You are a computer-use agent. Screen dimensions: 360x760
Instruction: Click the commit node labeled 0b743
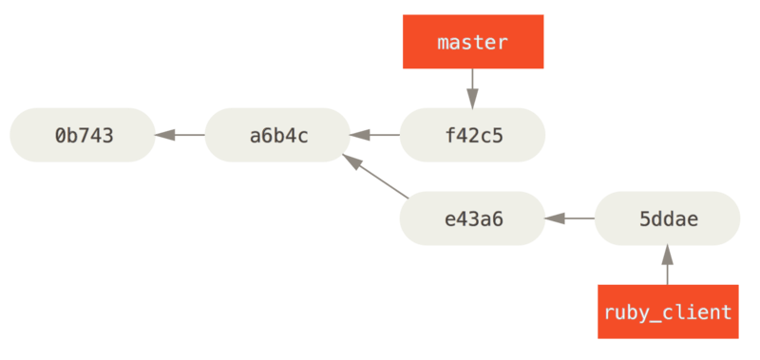(83, 135)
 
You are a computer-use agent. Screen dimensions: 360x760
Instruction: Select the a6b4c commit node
(277, 135)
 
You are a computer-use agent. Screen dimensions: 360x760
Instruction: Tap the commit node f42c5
(472, 135)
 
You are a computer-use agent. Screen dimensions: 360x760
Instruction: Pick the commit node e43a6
(472, 218)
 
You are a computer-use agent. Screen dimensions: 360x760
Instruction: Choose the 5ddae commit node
(667, 218)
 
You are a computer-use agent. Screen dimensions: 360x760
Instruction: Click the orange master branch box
(472, 43)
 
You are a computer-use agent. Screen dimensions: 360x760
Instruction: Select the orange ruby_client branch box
(667, 312)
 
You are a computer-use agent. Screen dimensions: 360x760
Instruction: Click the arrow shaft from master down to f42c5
(472, 80)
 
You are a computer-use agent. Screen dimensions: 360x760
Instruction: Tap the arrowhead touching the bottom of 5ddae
(667, 255)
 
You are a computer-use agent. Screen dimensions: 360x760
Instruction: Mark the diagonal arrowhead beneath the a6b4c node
(352, 164)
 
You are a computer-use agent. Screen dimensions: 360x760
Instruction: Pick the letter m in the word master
(443, 43)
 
